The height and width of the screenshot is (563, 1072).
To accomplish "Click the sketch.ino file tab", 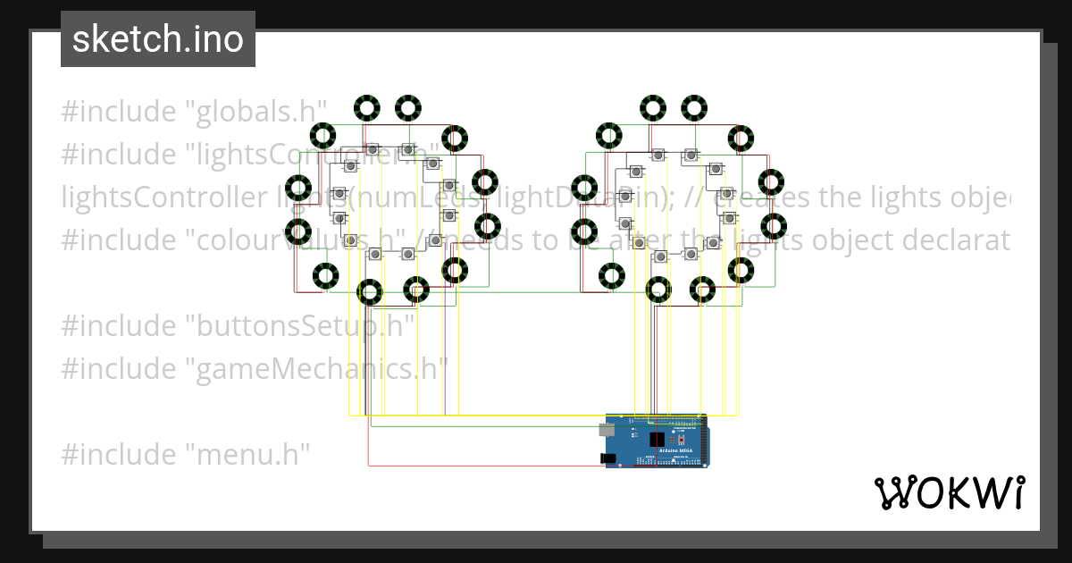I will (x=158, y=39).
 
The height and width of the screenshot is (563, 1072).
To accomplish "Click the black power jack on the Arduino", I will (x=610, y=458).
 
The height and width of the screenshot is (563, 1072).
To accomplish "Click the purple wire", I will (x=445, y=357).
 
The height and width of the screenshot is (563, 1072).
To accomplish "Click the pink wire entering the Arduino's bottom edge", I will (x=482, y=465).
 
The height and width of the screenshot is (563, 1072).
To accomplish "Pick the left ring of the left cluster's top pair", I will (x=366, y=108).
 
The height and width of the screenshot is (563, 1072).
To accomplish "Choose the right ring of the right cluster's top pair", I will (x=694, y=108).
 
